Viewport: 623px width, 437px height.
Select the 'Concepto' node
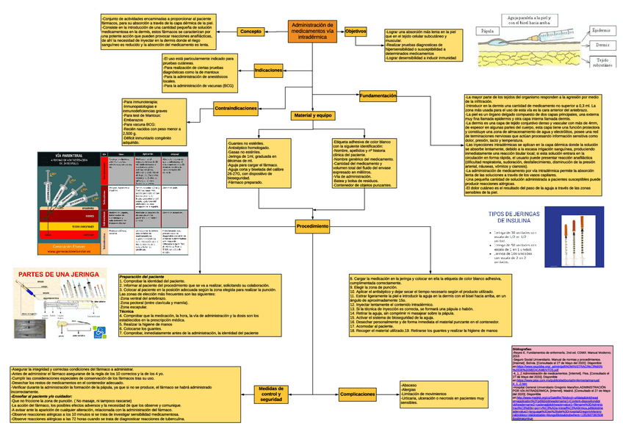pyautogui.click(x=251, y=32)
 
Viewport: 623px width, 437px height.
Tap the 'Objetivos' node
pyautogui.click(x=356, y=32)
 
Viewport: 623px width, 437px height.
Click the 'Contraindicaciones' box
pyautogui.click(x=235, y=108)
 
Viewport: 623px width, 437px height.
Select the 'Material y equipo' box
pyautogui.click(x=312, y=116)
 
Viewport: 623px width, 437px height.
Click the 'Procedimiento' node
pyautogui.click(x=312, y=228)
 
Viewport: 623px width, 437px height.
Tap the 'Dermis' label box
pyautogui.click(x=600, y=45)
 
